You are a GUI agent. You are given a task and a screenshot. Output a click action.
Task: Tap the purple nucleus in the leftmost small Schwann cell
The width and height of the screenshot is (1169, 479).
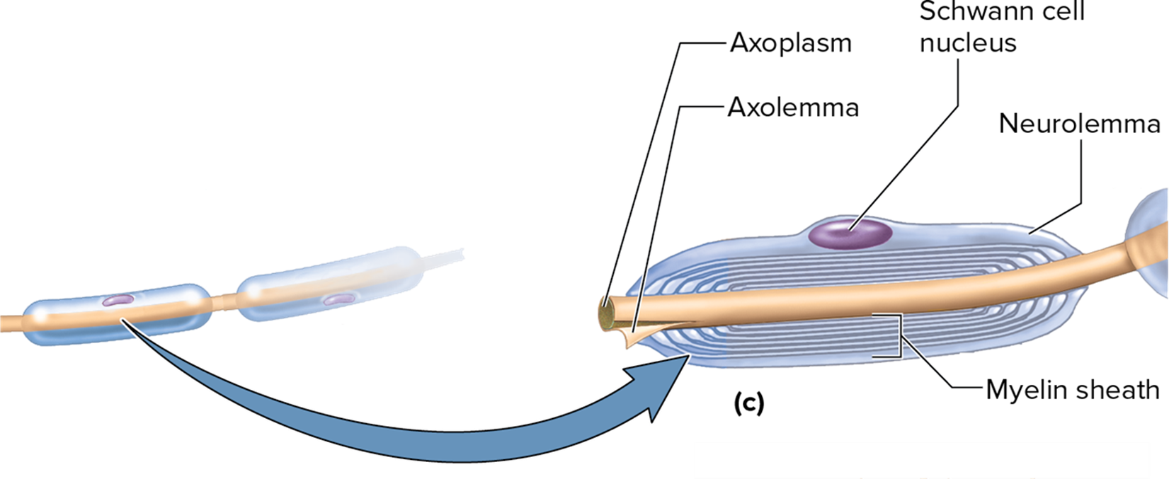coord(117,300)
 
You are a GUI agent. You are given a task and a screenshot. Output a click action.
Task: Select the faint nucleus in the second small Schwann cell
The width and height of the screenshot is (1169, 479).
coord(338,300)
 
